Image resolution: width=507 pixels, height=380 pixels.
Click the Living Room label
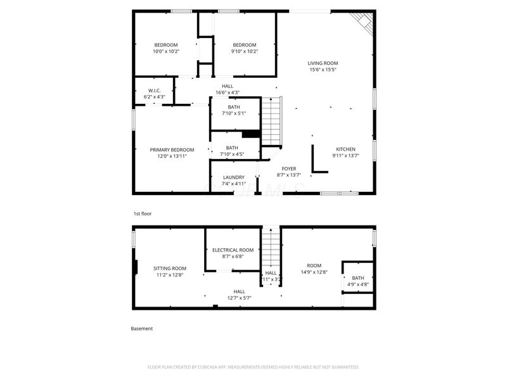(323, 63)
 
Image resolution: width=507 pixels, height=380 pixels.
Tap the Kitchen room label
(345, 149)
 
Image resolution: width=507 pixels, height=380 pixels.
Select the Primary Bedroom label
(172, 149)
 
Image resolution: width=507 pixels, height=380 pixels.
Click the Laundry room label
(233, 177)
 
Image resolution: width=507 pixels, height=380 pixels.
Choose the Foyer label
(289, 168)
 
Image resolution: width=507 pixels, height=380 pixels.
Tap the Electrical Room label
(233, 250)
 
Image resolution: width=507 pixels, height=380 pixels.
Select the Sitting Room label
(170, 268)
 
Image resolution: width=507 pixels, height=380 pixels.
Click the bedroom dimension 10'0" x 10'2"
(166, 51)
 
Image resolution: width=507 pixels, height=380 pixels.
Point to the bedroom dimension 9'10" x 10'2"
(244, 51)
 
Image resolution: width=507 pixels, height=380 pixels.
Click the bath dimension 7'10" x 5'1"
(233, 113)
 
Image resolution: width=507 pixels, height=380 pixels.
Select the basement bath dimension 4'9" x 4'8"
(358, 285)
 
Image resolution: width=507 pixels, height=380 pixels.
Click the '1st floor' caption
(142, 213)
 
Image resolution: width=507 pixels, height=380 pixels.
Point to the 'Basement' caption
(141, 329)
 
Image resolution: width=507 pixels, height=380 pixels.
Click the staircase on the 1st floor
(271, 121)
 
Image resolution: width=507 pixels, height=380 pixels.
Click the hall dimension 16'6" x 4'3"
(228, 92)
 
